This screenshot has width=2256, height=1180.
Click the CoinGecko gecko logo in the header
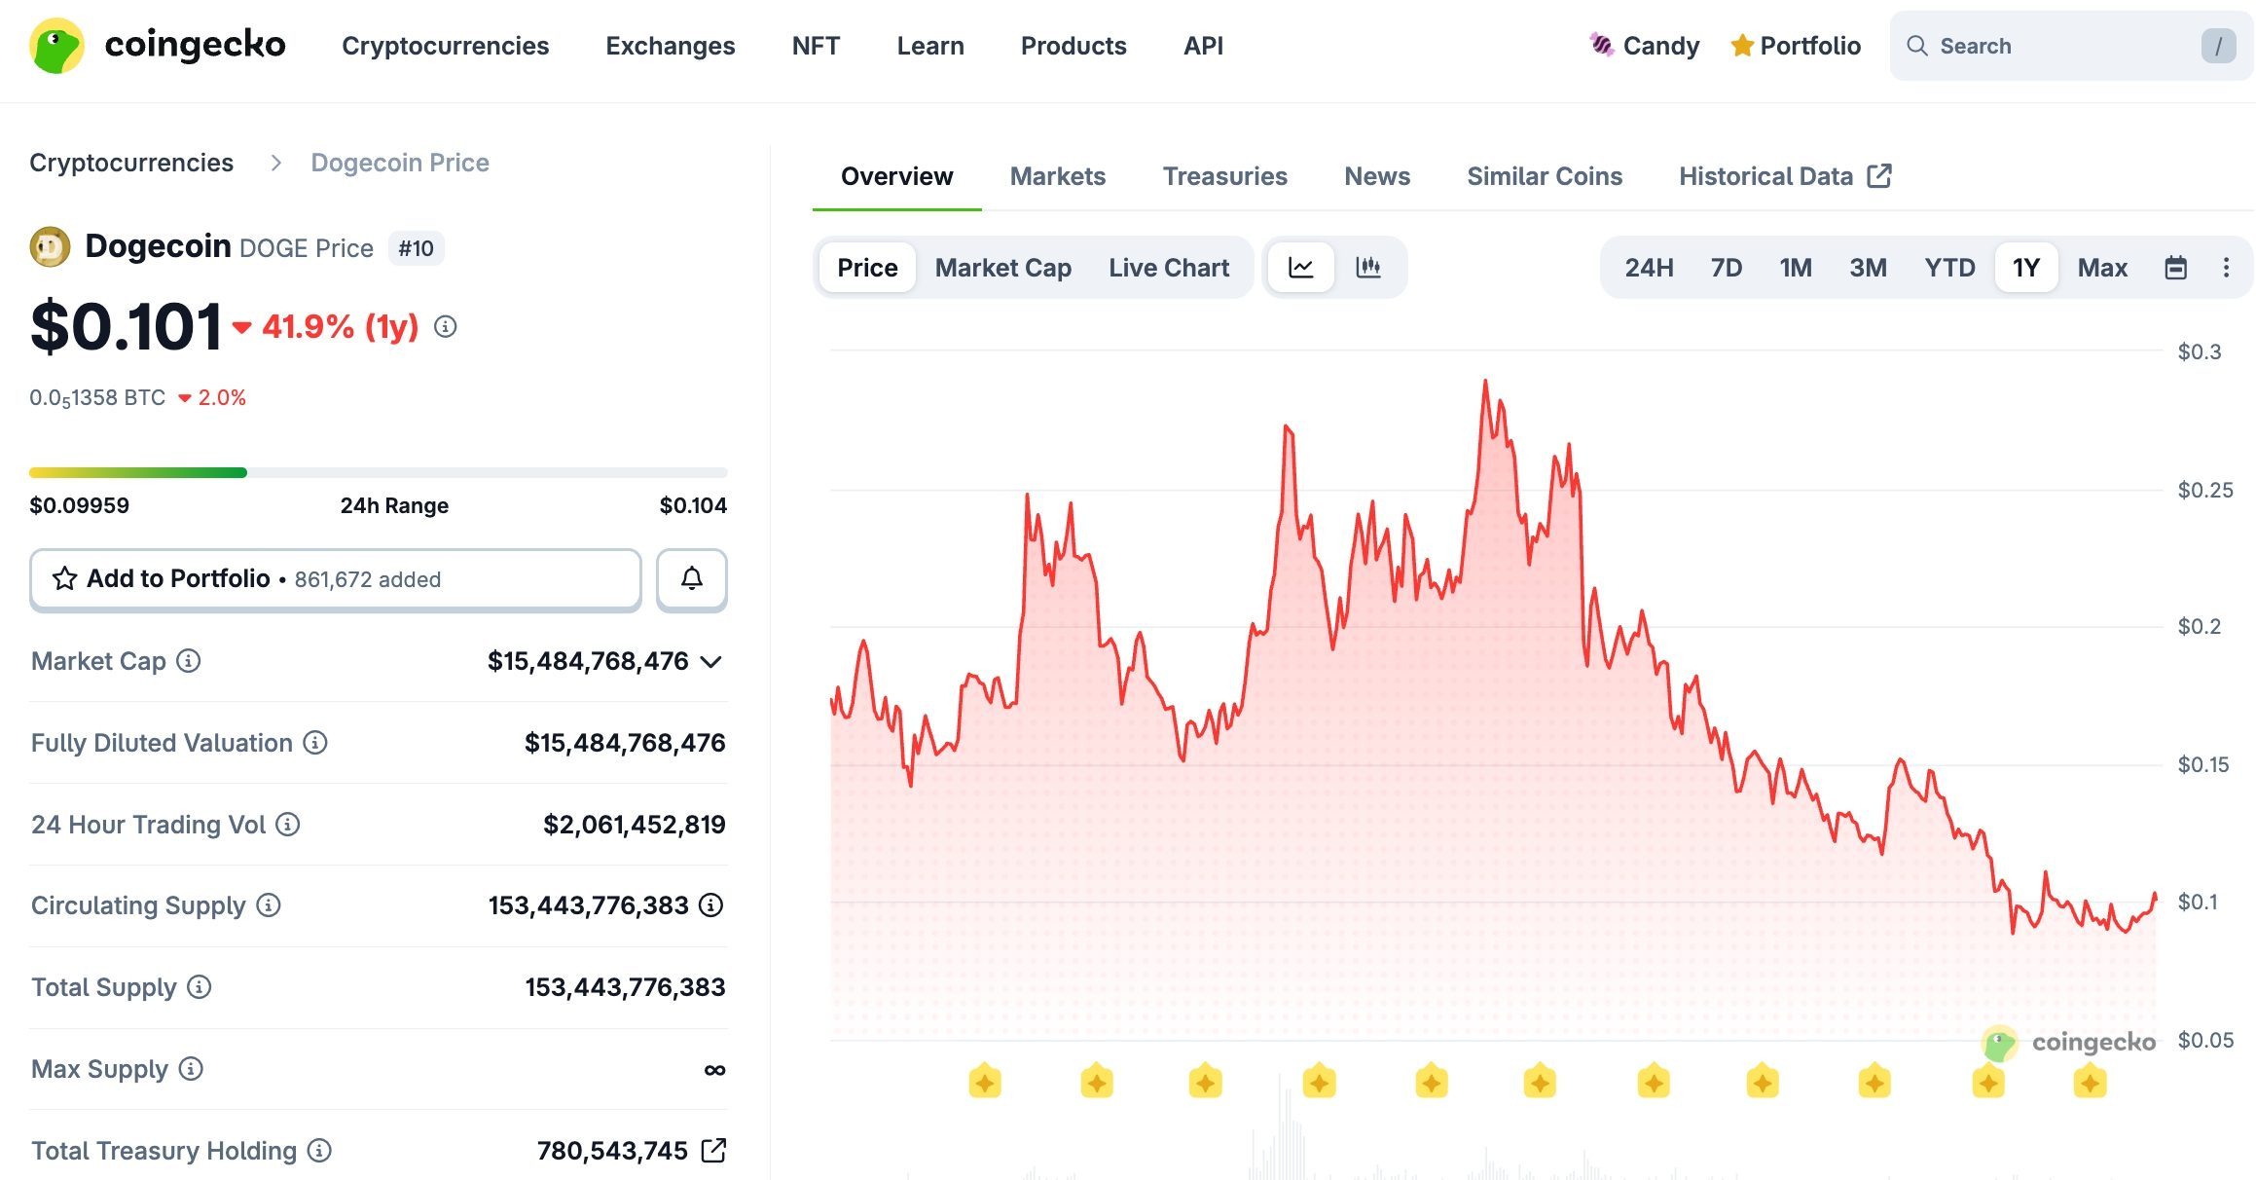pos(56,46)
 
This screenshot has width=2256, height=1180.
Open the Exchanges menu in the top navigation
pos(670,46)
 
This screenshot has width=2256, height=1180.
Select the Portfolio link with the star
pos(1796,46)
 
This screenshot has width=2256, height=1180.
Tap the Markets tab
pos(1057,176)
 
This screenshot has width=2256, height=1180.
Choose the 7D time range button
pos(1726,268)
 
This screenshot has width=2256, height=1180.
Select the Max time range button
pos(2101,268)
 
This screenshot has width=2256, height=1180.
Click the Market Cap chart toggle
pos(1002,268)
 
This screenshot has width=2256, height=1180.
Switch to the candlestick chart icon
pos(1367,268)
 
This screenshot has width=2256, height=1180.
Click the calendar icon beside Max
pos(2175,268)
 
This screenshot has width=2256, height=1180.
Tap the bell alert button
pos(691,579)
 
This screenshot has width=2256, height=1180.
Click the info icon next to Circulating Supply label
pos(269,905)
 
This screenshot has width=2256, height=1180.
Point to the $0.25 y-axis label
pos(2204,490)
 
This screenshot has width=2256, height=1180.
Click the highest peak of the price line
pos(1484,382)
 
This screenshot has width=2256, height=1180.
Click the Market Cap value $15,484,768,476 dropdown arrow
pos(711,662)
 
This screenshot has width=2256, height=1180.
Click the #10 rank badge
pos(416,248)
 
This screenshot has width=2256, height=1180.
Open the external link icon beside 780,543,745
pos(713,1151)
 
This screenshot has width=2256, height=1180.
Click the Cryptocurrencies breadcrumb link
pos(131,163)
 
